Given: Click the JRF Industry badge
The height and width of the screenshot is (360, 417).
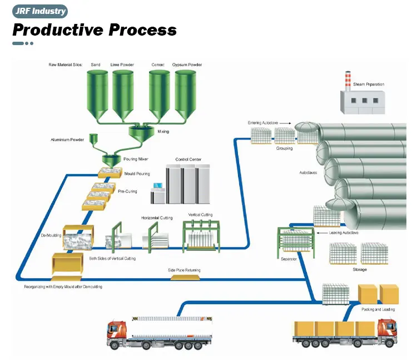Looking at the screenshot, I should pos(40,11).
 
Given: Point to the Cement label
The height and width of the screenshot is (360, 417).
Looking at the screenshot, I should pos(158,65).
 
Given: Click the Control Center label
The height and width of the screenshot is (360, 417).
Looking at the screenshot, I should pos(188,159).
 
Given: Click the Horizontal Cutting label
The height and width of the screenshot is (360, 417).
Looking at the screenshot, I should pos(157,218).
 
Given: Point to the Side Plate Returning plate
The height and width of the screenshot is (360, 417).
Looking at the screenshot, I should pos(184,277).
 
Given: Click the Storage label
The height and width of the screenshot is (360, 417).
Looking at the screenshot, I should pos(360,269).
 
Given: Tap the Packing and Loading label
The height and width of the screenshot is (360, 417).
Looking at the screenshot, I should pos(378,309).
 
